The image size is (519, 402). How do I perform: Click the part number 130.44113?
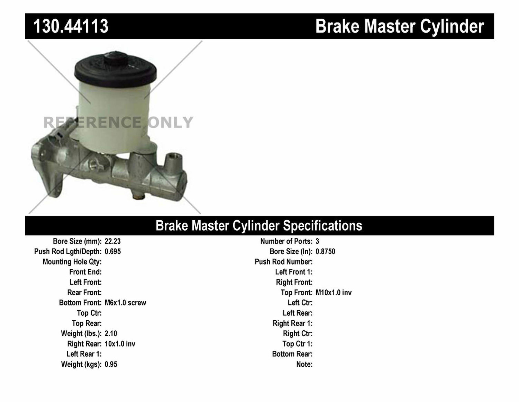[71, 26]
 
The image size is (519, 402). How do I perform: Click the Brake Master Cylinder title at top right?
[399, 26]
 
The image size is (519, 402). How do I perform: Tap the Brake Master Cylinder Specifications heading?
[259, 226]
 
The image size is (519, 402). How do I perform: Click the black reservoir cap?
[115, 69]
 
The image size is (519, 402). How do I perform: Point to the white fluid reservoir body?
[114, 111]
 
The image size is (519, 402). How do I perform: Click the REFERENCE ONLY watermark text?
[118, 123]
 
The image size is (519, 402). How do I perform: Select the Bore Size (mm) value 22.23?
[112, 241]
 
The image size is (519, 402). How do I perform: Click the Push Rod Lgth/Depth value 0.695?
[112, 252]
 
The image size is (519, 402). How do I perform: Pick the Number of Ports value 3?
[317, 241]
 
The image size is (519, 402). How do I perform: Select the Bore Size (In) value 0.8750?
[325, 252]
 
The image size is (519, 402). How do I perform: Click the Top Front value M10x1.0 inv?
[334, 293]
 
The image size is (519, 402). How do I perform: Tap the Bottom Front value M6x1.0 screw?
[125, 303]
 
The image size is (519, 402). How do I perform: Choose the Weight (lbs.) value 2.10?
[111, 334]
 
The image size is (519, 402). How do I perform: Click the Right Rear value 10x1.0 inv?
[120, 344]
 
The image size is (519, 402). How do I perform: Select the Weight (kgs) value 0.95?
[111, 364]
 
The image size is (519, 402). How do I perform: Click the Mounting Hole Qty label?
[72, 262]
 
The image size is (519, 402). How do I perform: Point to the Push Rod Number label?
[283, 262]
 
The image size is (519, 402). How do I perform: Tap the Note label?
[304, 364]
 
